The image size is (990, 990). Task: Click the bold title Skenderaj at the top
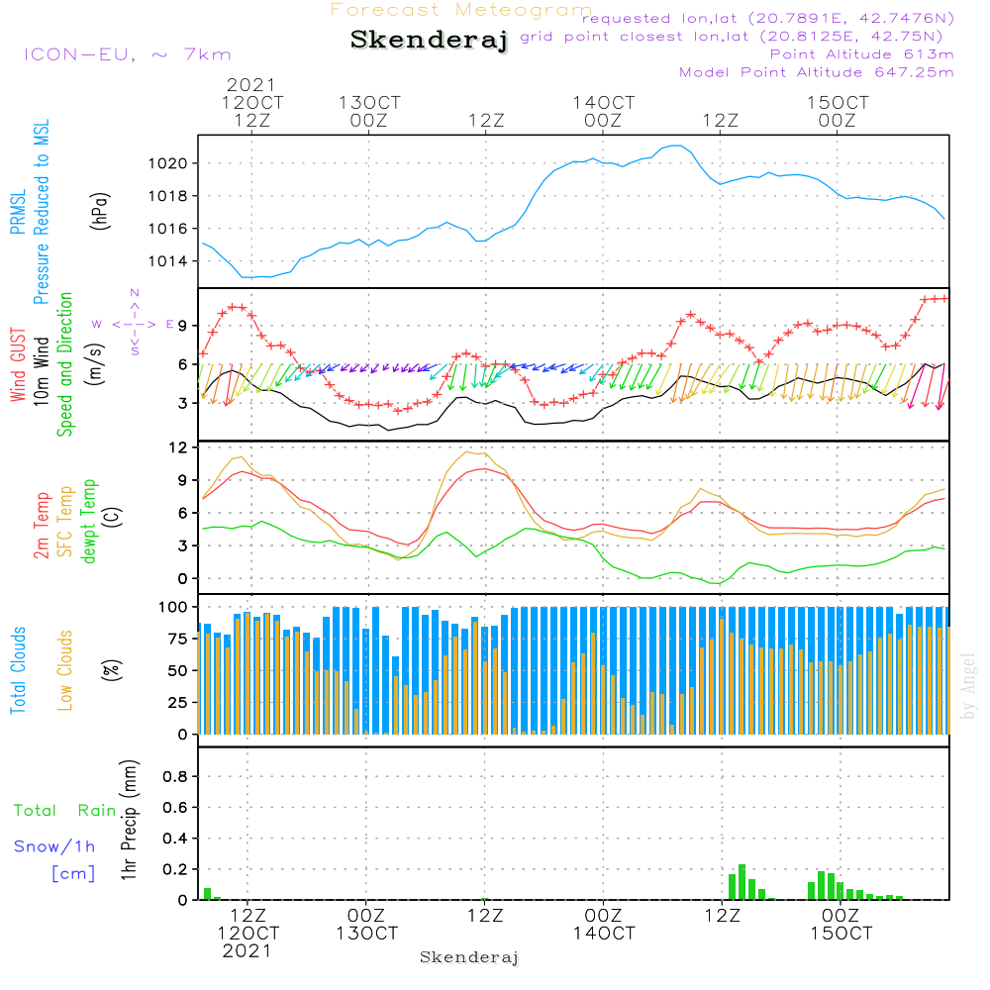(x=429, y=41)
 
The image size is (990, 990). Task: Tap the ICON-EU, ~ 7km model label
(x=127, y=53)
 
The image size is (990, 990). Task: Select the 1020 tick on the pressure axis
(x=170, y=163)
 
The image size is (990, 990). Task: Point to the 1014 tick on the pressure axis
(x=170, y=261)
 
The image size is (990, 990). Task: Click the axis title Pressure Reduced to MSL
(x=41, y=212)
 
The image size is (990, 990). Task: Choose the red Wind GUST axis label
(x=18, y=364)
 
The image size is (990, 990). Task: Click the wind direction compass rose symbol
(x=135, y=323)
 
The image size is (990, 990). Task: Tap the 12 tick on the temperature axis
(x=178, y=447)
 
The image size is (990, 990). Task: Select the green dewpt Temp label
(x=88, y=522)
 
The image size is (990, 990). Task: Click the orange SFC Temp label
(x=65, y=522)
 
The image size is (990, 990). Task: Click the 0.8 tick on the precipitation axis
(x=175, y=776)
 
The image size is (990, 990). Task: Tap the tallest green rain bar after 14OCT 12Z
(x=742, y=881)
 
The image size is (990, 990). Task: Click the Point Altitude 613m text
(x=861, y=53)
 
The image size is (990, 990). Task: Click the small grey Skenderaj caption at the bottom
(x=469, y=957)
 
